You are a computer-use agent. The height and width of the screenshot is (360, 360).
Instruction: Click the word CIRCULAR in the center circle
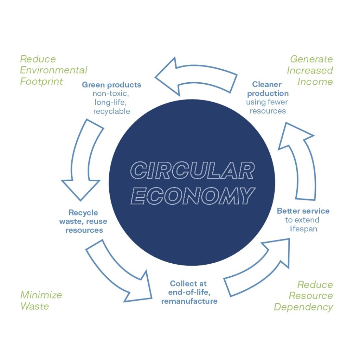click(192, 170)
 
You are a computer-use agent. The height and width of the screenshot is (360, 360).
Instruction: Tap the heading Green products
click(111, 85)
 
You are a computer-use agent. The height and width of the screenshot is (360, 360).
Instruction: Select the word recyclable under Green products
click(111, 111)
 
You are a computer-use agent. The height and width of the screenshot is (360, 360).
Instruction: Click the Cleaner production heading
click(268, 89)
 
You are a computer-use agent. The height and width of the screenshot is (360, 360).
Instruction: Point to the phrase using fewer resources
click(267, 107)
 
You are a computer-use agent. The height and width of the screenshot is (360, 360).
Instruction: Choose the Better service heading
click(303, 211)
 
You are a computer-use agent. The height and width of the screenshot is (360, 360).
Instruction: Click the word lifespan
click(303, 229)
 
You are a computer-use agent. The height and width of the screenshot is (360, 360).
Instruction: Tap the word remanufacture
click(189, 301)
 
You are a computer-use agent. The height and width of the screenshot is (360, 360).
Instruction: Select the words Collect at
click(188, 284)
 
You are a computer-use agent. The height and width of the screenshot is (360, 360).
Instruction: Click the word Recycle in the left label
click(83, 213)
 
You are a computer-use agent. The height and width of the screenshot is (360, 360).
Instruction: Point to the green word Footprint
click(41, 81)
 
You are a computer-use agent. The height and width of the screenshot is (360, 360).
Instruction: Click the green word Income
click(315, 82)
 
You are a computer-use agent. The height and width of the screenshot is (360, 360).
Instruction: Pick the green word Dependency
click(303, 307)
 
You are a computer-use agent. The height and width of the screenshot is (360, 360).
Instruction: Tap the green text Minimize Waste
click(41, 301)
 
